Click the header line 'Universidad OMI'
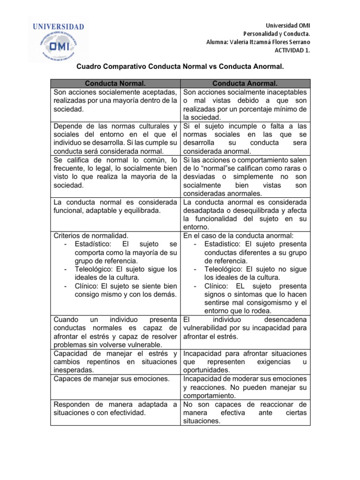pyautogui.click(x=288, y=25)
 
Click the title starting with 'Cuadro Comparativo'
pyautogui.click(x=180, y=67)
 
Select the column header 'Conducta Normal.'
pyautogui.click(x=115, y=83)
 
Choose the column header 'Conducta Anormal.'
pyautogui.click(x=245, y=83)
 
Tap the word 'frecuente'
pyautogui.click(x=70, y=168)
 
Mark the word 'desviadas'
pyautogui.click(x=199, y=177)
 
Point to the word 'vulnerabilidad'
pyautogui.click(x=207, y=328)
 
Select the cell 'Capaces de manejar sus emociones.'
pyautogui.click(x=112, y=378)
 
